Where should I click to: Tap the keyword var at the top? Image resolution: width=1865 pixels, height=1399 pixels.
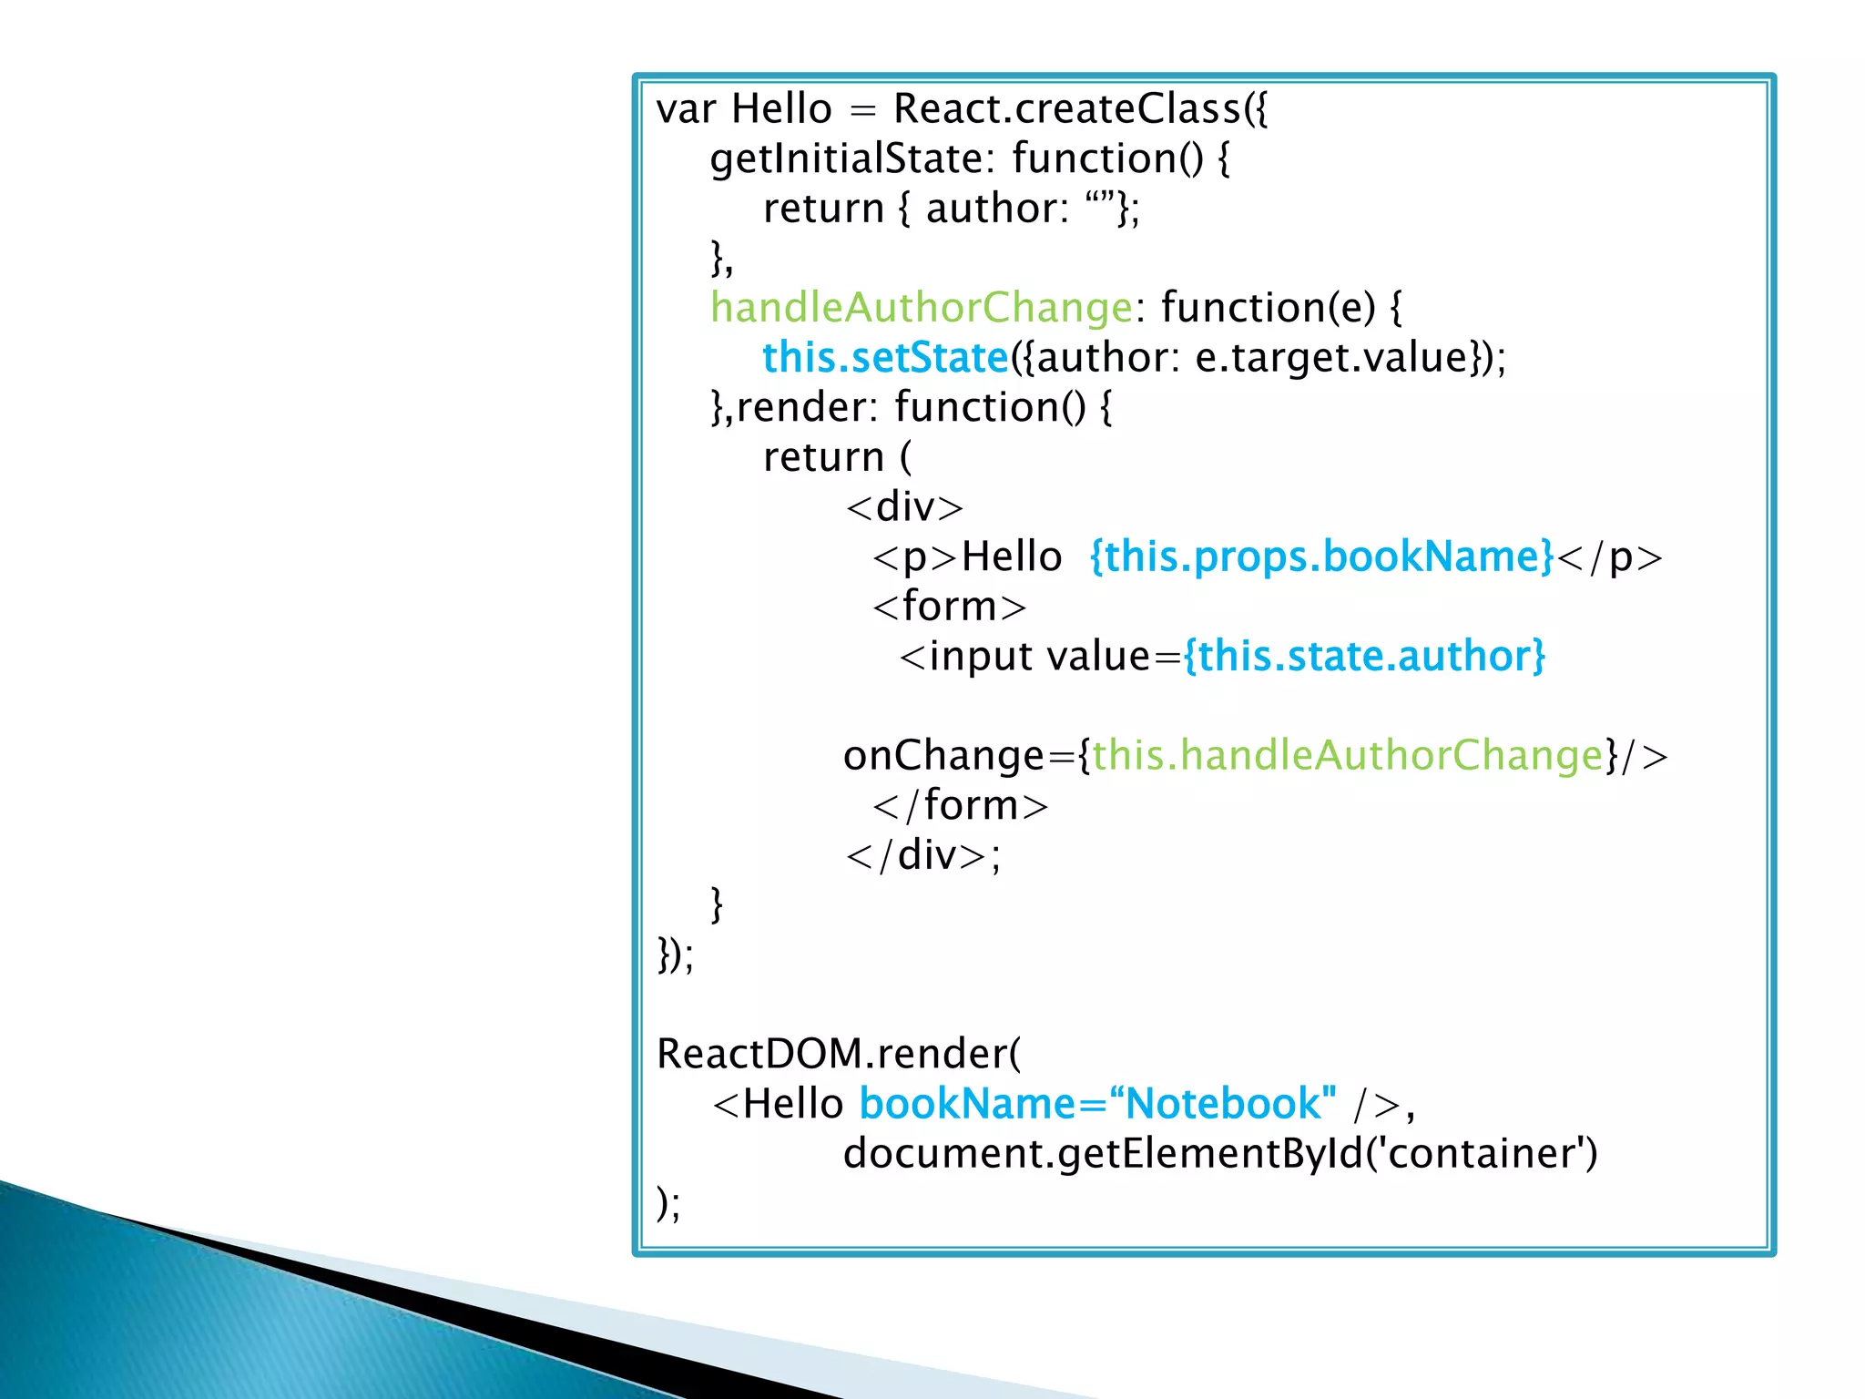point(685,110)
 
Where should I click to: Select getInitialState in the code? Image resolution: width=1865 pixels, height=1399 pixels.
point(845,159)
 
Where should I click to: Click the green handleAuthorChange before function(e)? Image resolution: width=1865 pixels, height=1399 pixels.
point(921,308)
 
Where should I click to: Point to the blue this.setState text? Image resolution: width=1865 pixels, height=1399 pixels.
point(885,358)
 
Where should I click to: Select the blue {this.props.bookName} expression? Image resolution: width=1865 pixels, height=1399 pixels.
point(1321,557)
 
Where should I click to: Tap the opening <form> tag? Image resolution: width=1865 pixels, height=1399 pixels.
point(949,607)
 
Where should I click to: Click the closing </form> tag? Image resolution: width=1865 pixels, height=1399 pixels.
point(960,806)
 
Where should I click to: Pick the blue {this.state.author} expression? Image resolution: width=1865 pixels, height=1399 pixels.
point(1364,657)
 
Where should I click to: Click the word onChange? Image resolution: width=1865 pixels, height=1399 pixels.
point(943,756)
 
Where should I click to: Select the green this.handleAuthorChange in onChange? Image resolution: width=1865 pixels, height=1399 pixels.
point(1347,756)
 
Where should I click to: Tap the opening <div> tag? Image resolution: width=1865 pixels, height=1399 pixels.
point(904,507)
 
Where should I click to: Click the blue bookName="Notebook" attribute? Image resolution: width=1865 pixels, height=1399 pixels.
point(1097,1104)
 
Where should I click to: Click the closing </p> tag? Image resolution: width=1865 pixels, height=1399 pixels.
point(1609,557)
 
